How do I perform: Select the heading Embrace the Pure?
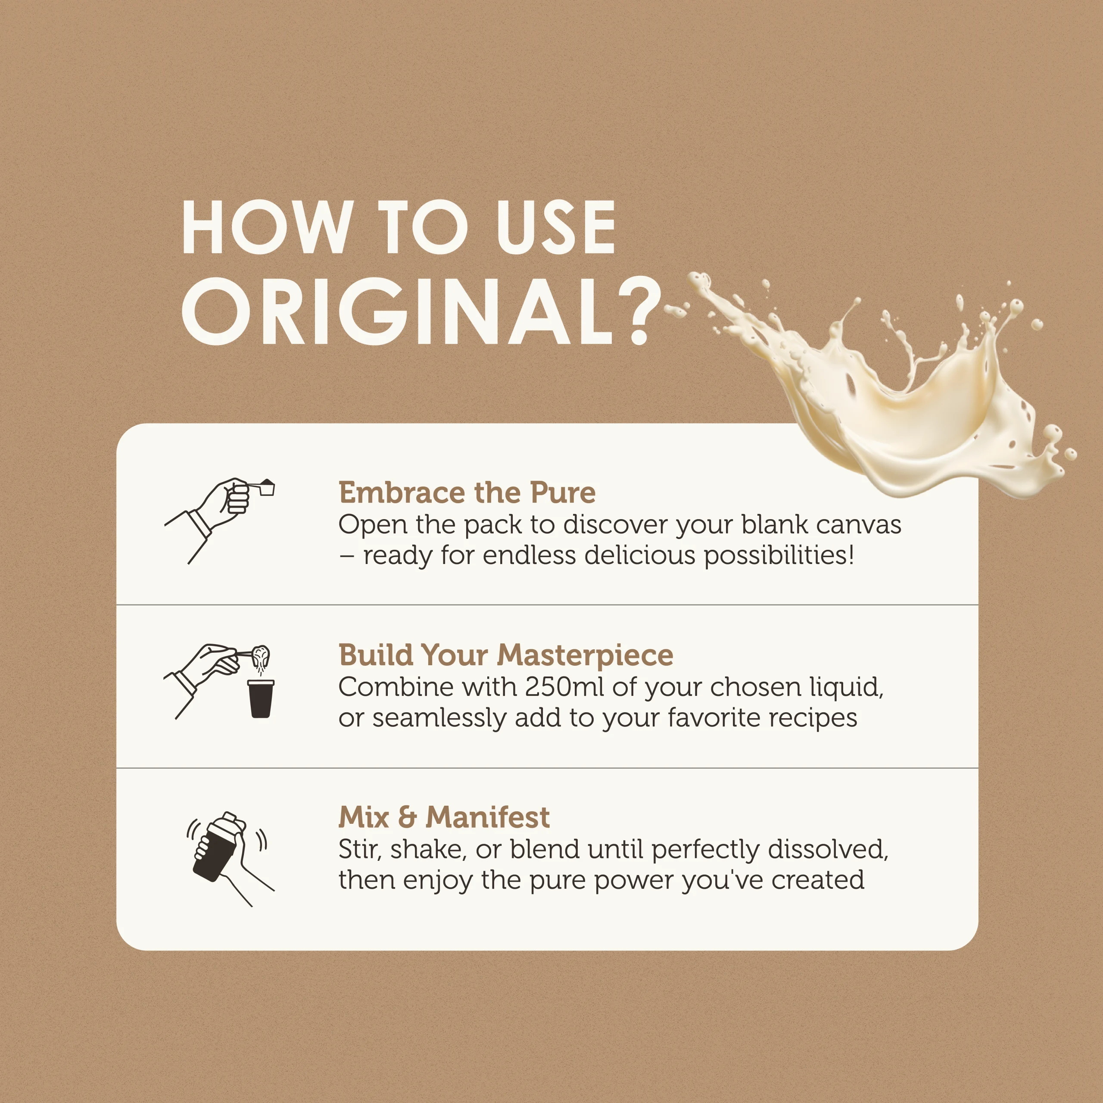pos(467,492)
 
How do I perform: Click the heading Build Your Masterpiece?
pos(506,655)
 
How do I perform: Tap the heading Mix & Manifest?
pos(444,817)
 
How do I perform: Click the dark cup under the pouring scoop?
pos(260,698)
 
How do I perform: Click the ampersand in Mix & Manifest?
pos(407,817)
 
